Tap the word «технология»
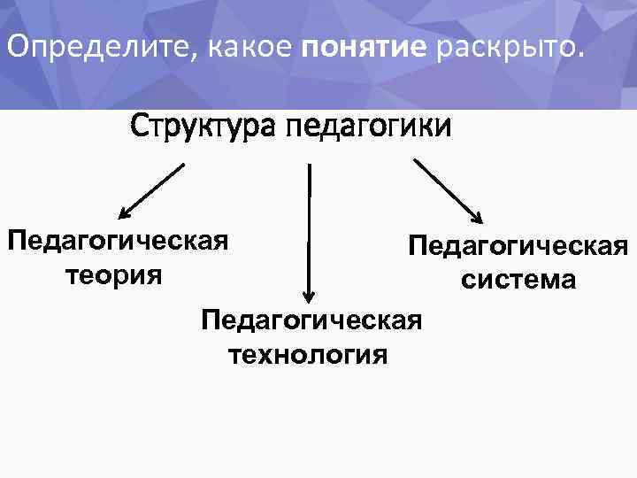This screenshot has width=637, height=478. tap(309, 355)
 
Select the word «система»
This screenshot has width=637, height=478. tap(518, 280)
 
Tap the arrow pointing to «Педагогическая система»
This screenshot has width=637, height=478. tap(448, 190)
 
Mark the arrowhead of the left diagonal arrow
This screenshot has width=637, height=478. tap(125, 212)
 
